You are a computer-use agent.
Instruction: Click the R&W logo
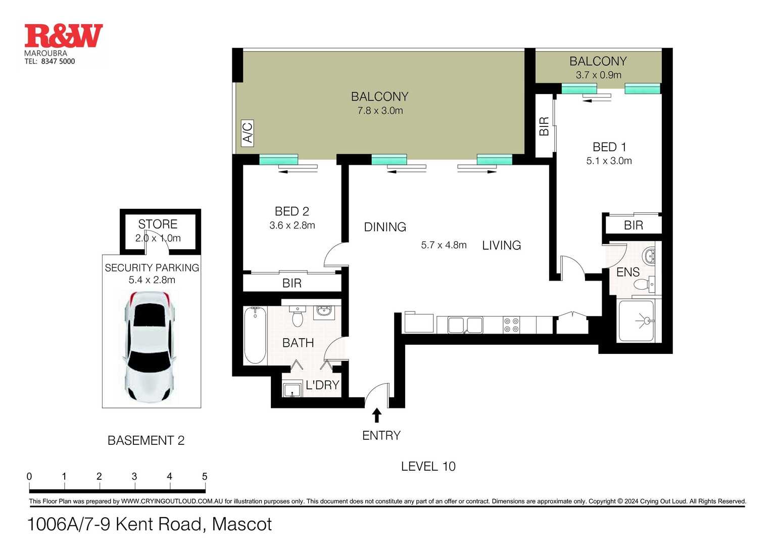(x=64, y=36)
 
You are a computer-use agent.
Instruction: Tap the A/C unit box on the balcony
(x=248, y=133)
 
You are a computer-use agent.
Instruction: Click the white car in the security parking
(x=150, y=346)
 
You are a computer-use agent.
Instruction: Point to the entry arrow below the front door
(x=377, y=416)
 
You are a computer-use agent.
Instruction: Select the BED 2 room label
(x=292, y=211)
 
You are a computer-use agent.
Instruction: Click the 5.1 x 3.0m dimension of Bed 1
(x=609, y=161)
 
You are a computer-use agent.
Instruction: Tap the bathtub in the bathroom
(x=255, y=335)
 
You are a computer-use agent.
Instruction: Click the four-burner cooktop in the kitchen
(x=511, y=325)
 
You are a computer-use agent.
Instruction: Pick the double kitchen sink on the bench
(x=465, y=325)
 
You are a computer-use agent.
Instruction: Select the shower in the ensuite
(x=636, y=321)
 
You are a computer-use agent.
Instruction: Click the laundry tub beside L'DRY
(x=293, y=390)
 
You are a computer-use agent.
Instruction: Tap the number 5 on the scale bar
(x=205, y=476)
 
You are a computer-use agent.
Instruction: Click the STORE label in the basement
(x=158, y=224)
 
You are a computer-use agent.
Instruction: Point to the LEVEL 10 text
(x=428, y=466)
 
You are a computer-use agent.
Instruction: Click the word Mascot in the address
(x=241, y=524)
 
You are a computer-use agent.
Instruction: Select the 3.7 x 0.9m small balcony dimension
(x=599, y=75)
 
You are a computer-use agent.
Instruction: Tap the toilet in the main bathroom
(x=298, y=316)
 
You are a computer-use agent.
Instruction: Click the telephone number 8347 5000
(x=58, y=61)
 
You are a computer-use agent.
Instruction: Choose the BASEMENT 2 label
(x=146, y=440)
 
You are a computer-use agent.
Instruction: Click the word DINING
(x=385, y=227)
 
